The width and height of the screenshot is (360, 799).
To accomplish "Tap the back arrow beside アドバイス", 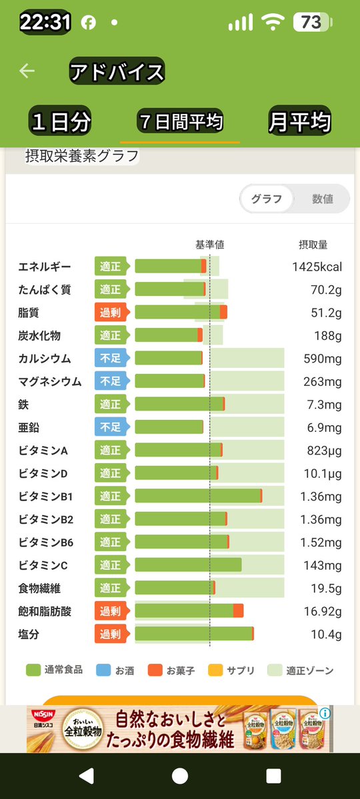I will point(27,71).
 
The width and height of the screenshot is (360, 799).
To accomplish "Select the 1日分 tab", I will point(61,122).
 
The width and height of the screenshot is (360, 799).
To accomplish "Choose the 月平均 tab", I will point(299,122).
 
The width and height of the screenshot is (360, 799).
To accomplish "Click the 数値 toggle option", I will point(323,199).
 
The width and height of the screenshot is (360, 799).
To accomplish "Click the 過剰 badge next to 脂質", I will point(110,313).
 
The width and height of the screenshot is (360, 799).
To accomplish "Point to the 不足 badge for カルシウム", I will point(110,359).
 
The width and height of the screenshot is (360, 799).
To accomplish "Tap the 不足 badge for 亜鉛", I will point(110,427).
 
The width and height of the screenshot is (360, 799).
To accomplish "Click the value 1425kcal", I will point(317,267).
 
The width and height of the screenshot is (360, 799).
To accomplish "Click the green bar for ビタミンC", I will point(188,565).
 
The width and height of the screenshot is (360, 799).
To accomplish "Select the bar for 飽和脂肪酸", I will point(189,611).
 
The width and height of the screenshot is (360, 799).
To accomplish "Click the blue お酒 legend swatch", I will point(103,670).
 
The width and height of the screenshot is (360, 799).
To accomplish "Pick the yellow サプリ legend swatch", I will point(215,670).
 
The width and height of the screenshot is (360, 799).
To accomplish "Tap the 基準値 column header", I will point(209,245).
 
